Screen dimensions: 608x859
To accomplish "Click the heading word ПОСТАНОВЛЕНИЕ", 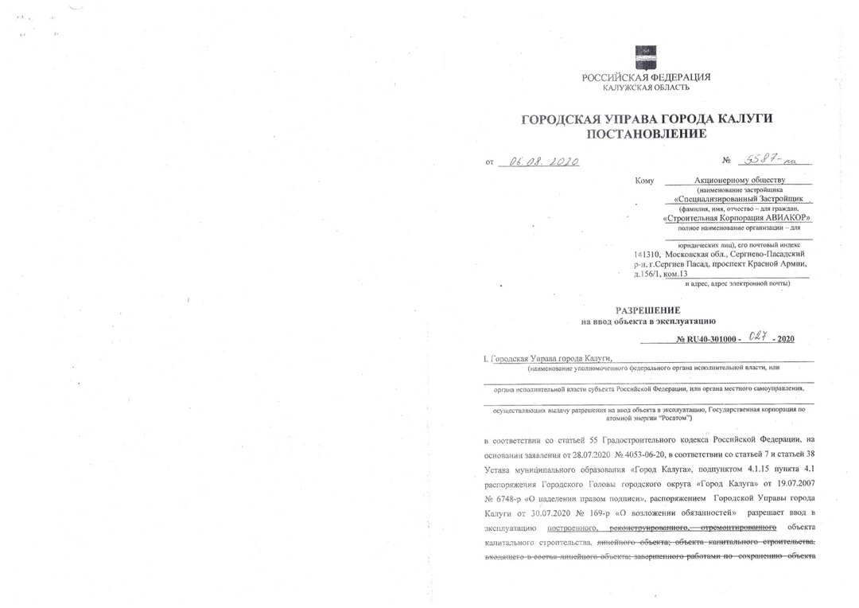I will click(x=646, y=134).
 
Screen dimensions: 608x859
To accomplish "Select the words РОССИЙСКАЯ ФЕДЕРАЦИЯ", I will click(x=646, y=77).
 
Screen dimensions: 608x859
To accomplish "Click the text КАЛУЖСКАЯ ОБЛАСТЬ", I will click(x=646, y=88).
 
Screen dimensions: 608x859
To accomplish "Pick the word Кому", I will click(x=644, y=181).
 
